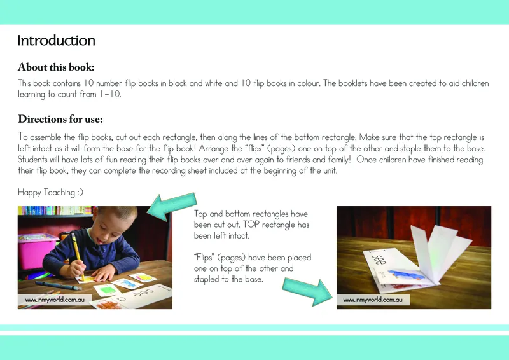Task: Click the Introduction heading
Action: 56,41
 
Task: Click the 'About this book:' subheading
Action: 57,67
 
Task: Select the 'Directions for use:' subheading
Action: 60,119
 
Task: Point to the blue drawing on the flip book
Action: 404,275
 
